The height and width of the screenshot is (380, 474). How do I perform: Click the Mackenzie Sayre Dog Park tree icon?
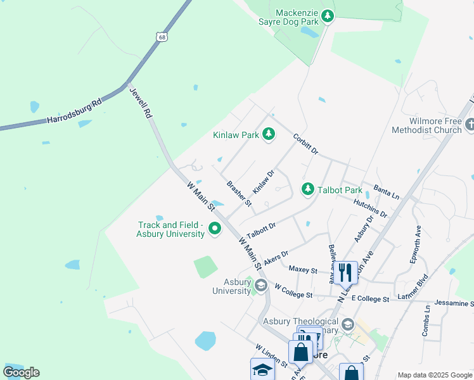point(328,16)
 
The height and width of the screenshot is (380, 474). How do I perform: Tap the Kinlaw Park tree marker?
point(269,134)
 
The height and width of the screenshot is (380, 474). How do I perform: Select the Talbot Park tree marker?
point(308,189)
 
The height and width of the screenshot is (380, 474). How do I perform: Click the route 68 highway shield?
point(162,38)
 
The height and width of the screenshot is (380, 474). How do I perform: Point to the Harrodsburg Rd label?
point(74,111)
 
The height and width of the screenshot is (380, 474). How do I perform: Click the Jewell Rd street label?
point(141,103)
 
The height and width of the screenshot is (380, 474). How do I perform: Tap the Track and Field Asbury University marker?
point(215,229)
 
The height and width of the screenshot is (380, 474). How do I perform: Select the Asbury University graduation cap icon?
point(260,286)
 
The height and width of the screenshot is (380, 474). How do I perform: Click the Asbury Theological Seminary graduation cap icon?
point(347,325)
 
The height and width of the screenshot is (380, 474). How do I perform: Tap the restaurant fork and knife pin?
point(345,272)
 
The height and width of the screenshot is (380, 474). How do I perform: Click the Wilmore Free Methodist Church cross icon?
point(469,125)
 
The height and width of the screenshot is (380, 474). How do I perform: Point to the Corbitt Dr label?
point(305,144)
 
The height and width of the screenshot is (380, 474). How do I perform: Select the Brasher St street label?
point(239,194)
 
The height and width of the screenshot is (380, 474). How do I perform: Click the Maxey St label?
point(302,270)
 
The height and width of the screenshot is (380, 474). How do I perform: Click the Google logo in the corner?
point(22,372)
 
